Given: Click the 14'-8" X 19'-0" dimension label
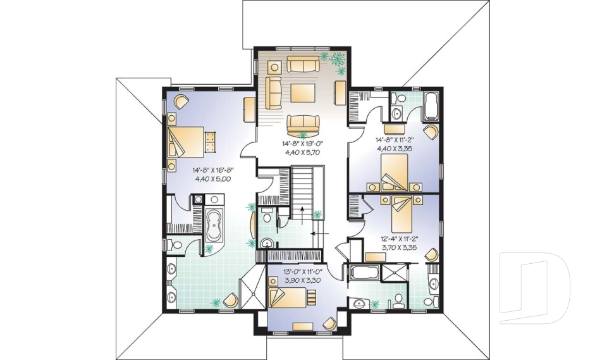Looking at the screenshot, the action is coord(302,144).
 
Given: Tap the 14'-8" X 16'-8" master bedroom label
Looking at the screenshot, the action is coord(213,170).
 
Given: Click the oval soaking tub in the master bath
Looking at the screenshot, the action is coord(214,225).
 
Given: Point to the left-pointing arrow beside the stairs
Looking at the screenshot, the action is coord(320,233).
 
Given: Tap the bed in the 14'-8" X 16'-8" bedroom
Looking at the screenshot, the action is coord(186,142).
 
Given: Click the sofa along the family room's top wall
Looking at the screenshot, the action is coord(303,64).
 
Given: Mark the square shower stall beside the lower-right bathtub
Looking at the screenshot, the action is coord(394,273).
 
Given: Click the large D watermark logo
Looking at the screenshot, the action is coord(534,288).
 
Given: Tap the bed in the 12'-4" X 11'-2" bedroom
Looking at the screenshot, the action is coord(401,213).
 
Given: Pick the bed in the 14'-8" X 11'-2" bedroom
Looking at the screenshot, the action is coord(395,173).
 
